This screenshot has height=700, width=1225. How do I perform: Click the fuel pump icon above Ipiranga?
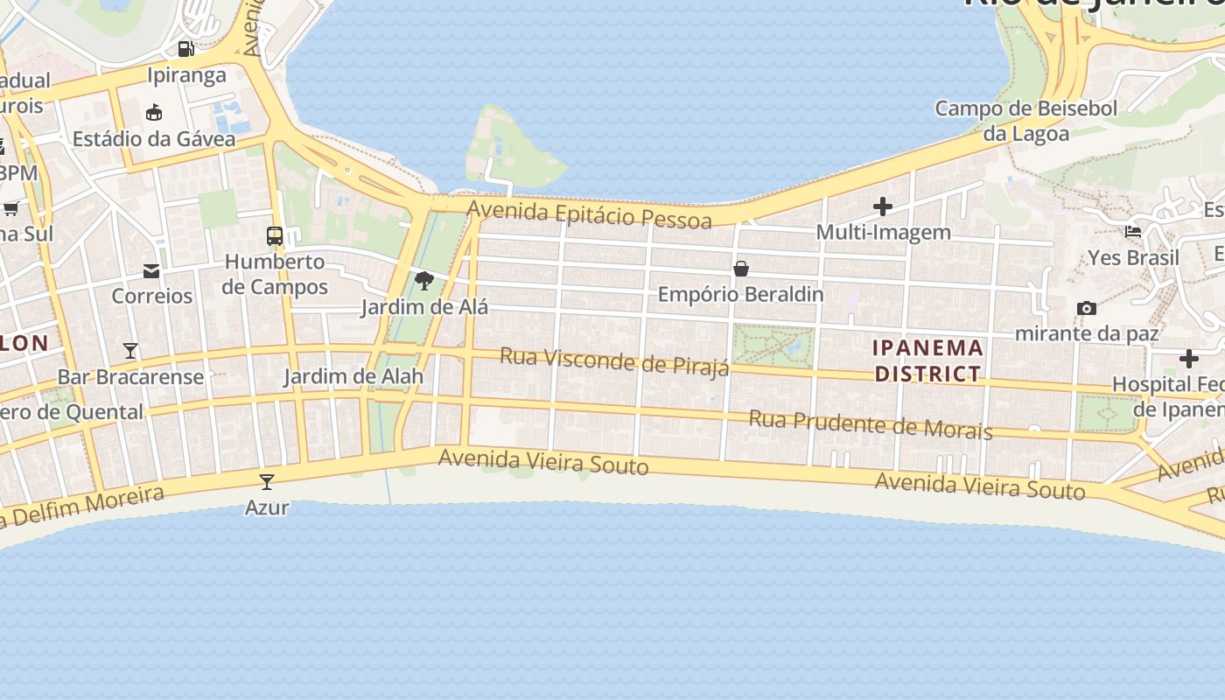[185, 49]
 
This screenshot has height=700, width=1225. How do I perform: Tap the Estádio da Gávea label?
[154, 139]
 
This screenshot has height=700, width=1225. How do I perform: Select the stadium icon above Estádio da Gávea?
[154, 112]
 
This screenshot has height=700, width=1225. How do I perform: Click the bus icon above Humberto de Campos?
[275, 235]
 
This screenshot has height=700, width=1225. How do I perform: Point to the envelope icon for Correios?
[151, 271]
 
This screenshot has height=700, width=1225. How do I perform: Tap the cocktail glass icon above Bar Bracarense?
[130, 351]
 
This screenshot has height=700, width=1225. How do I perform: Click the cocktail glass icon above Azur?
[267, 481]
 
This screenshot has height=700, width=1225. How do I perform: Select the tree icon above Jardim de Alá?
[424, 281]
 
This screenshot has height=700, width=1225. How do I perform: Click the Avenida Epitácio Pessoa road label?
[590, 214]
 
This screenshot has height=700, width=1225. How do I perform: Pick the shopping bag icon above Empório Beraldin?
[741, 269]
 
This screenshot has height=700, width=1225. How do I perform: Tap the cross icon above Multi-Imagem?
[883, 206]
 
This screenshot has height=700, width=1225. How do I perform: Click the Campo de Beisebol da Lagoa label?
[1026, 121]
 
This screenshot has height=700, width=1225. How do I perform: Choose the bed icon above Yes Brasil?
[1133, 232]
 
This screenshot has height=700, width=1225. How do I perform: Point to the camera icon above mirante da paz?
[1087, 308]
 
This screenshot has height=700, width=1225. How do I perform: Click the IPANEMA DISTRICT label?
[927, 360]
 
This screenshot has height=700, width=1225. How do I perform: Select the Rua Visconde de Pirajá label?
[614, 360]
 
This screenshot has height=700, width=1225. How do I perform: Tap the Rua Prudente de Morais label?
[871, 424]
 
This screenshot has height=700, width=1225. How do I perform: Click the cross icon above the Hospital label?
[1188, 359]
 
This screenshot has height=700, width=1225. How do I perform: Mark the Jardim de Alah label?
[353, 377]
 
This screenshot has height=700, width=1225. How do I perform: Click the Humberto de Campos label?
[276, 274]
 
